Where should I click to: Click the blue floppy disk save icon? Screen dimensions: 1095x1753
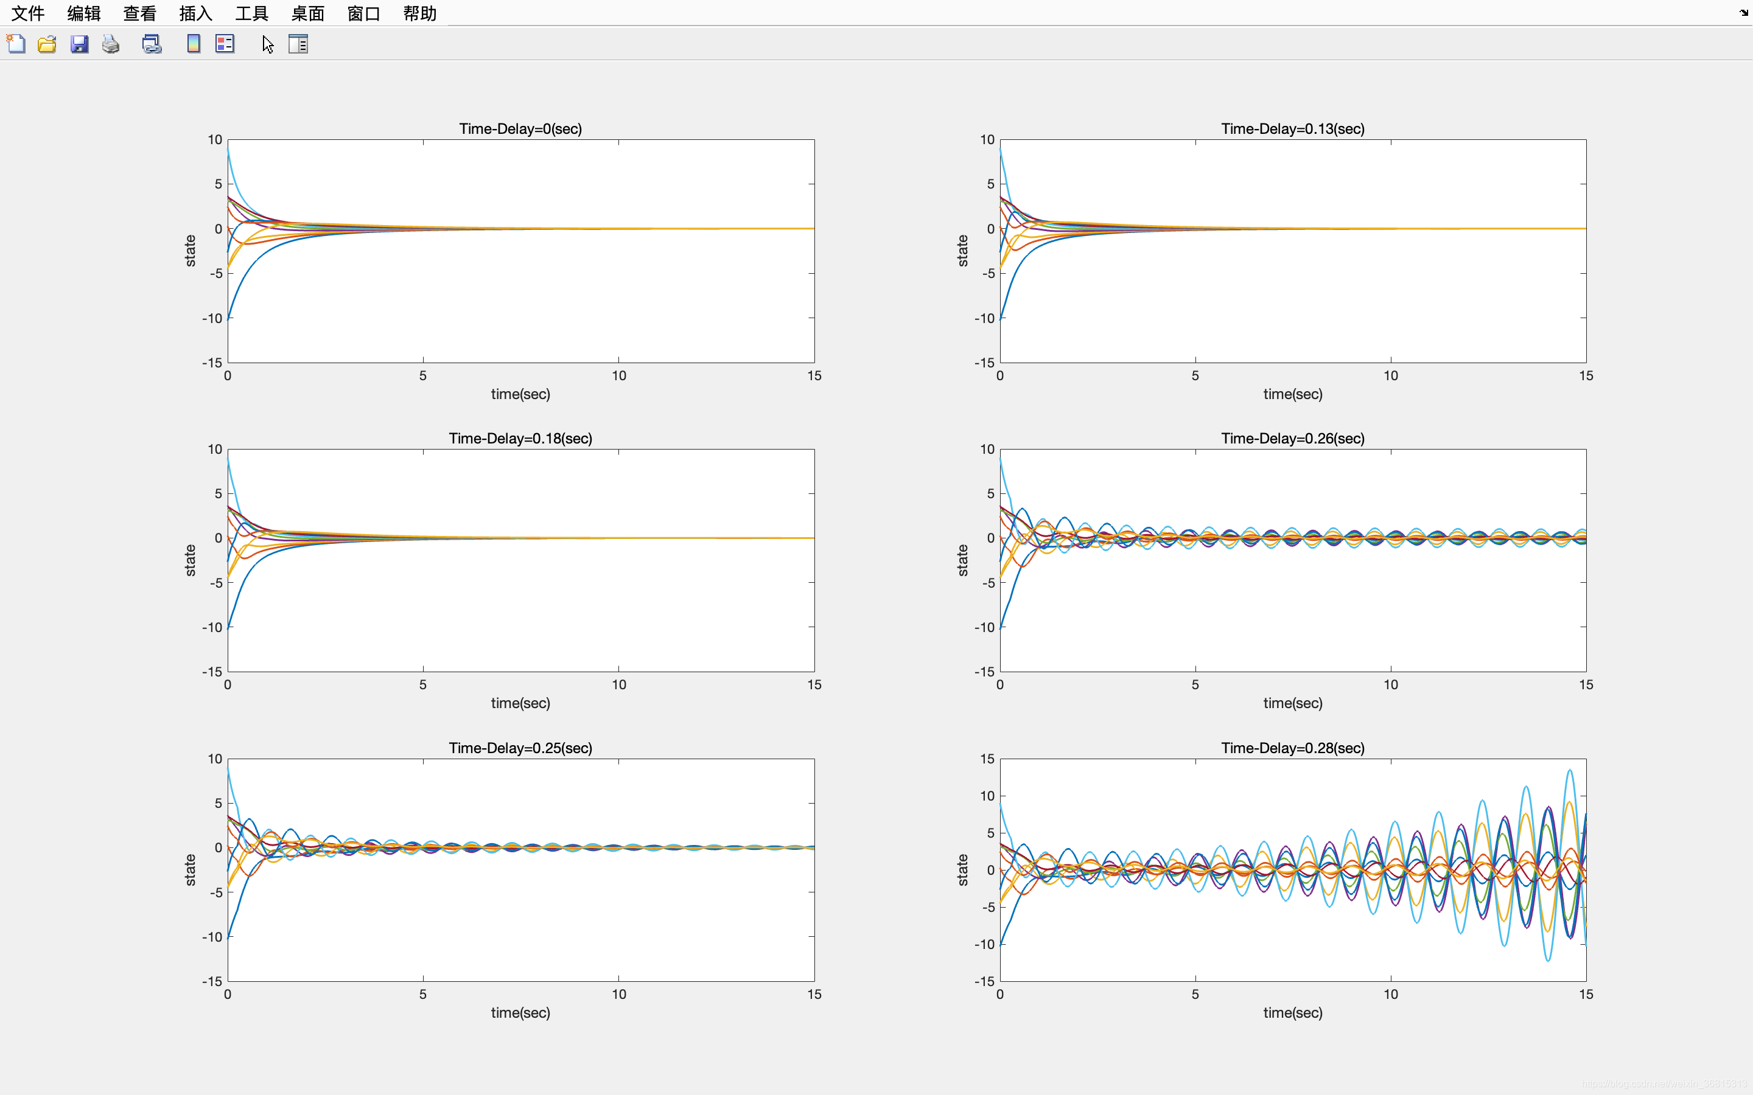tap(79, 44)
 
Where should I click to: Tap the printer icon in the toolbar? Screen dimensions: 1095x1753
tap(111, 44)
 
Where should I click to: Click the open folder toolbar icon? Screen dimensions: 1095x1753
tap(47, 44)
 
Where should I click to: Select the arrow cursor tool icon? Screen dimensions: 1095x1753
tap(268, 44)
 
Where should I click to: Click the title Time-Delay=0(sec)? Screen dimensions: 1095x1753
tap(520, 129)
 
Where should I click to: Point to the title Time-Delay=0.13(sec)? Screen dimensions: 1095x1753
tap(1292, 129)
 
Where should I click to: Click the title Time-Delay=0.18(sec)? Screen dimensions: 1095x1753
tap(520, 438)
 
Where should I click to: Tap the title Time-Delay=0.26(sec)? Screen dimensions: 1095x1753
tap(1292, 438)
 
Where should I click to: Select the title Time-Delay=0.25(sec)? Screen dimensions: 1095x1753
tap(520, 748)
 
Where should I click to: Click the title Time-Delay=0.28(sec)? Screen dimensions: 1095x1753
tap(1292, 748)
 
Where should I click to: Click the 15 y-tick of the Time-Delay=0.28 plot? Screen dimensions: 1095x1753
tap(987, 759)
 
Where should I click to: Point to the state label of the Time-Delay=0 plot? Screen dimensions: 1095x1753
tap(191, 251)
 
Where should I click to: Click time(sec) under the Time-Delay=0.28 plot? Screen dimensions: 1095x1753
tap(1292, 1012)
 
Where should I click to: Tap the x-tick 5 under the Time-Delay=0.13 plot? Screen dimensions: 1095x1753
tap(1195, 375)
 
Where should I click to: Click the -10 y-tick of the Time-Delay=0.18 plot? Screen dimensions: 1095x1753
tap(212, 627)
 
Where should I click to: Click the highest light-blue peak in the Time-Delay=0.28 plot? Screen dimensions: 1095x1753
tap(1570, 771)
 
